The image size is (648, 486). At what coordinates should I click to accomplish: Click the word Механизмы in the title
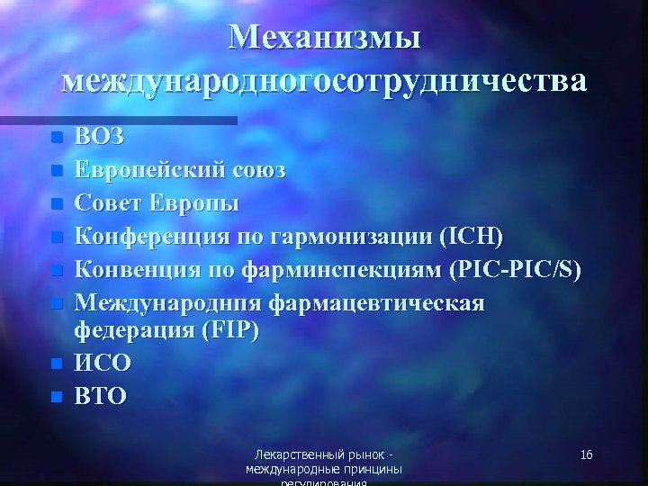pos(323,37)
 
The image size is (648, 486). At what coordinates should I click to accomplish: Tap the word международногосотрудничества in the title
pos(324,80)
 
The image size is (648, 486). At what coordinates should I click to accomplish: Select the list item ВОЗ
pos(100,138)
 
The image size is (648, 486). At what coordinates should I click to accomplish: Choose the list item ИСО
pos(103,363)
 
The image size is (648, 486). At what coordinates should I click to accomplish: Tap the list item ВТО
pos(101,395)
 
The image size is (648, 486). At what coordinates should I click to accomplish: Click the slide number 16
pos(586,455)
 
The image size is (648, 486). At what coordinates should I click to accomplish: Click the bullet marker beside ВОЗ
pos(57,139)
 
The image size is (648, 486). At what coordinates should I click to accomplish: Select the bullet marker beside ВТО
pos(57,396)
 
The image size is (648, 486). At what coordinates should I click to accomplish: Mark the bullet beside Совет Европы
pos(57,203)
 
